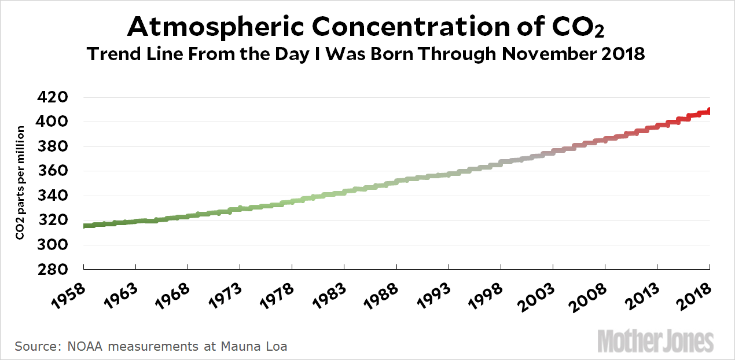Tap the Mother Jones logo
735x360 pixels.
(655, 341)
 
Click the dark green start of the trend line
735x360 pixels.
(86, 226)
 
